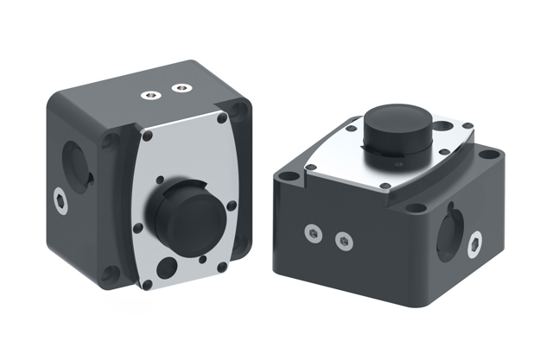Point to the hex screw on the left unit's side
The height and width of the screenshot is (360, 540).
click(60, 200)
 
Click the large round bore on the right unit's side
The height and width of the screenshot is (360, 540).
click(450, 231)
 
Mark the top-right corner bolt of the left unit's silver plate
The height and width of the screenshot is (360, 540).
click(222, 117)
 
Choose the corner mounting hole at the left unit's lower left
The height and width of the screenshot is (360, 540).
click(110, 275)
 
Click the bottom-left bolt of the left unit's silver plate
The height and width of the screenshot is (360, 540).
click(147, 283)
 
